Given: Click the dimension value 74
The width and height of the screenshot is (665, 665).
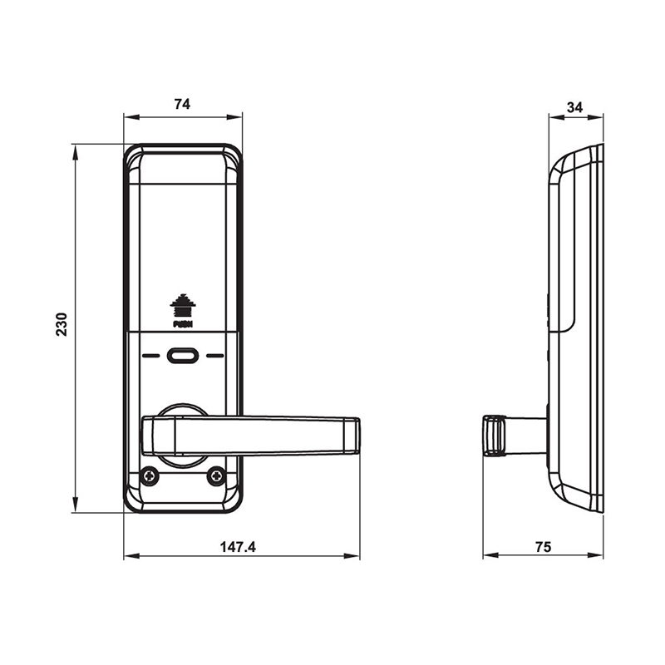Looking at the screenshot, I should (x=183, y=104).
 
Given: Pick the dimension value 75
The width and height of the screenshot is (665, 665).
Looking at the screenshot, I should (x=543, y=547).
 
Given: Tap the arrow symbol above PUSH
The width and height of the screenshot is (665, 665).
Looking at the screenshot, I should (x=182, y=304).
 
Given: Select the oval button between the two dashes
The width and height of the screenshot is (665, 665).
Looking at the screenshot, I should (x=183, y=356).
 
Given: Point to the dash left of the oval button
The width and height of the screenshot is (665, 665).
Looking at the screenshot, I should (x=151, y=356).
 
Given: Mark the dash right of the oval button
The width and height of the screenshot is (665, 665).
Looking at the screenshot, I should (x=215, y=356).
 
